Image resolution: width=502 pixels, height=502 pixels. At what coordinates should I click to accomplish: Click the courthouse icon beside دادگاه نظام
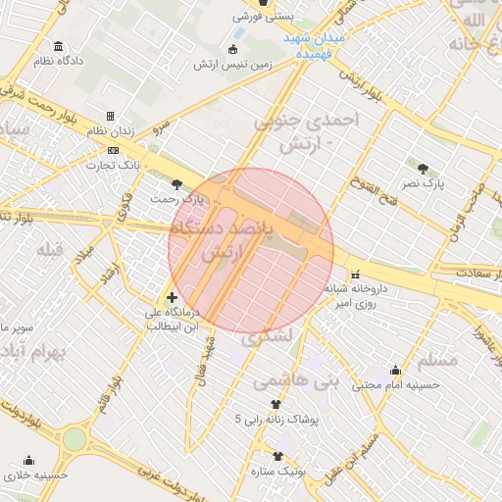pos(60,46)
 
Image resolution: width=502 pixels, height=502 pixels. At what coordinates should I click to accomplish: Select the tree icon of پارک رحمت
pos(176,183)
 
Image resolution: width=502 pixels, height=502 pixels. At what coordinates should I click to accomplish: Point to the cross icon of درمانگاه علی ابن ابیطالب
pos(173,297)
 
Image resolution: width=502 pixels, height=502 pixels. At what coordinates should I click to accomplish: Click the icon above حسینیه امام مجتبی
pos(395,371)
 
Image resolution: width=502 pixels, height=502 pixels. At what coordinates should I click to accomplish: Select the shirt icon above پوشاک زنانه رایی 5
pos(276,404)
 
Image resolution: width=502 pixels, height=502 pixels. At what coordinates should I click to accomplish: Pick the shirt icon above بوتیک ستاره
pos(277,456)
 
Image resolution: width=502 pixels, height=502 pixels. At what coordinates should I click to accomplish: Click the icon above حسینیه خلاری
pos(28,460)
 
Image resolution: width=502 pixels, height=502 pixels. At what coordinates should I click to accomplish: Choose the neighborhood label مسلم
pos(437,359)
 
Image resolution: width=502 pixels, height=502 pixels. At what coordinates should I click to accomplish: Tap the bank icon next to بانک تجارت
pos(115,150)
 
